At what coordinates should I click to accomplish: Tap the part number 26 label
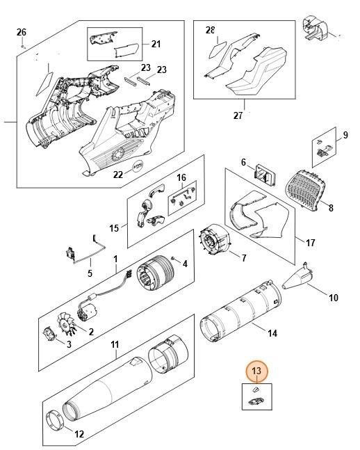tap(21, 33)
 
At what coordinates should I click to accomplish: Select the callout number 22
tap(117, 174)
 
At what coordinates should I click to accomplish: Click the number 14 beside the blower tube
tap(272, 333)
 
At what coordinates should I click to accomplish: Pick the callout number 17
tap(310, 242)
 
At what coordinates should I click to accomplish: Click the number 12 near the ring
tap(79, 434)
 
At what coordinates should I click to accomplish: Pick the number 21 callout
tap(155, 44)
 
